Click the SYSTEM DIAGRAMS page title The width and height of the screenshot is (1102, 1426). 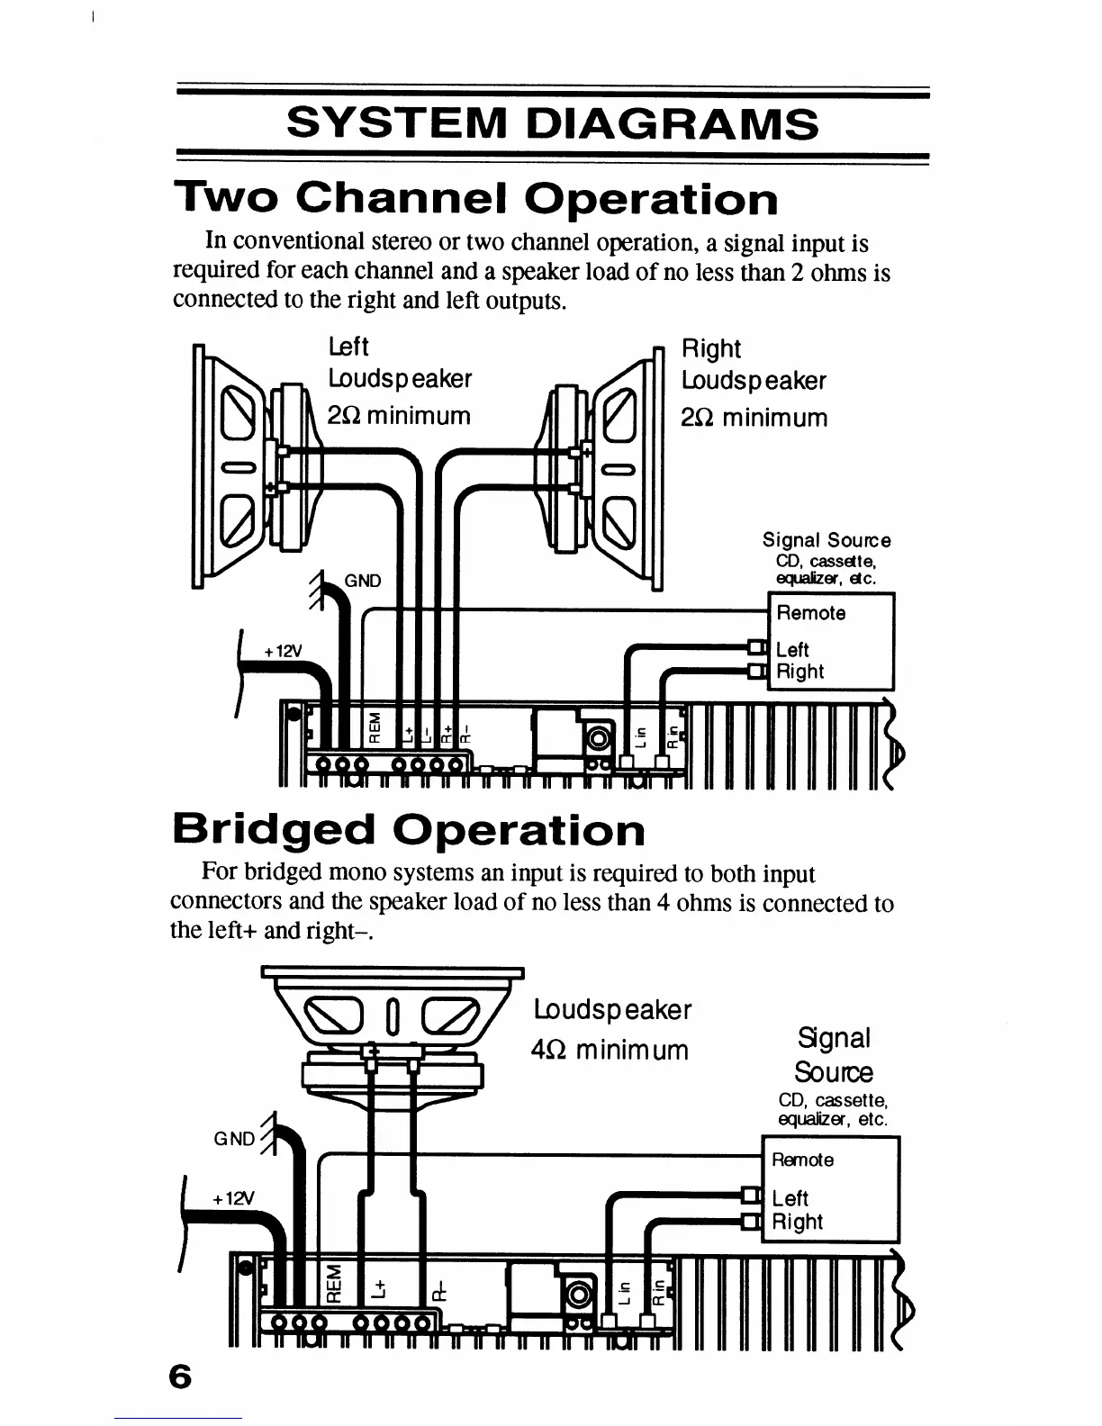tap(552, 123)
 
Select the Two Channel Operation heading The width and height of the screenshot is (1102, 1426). tap(476, 199)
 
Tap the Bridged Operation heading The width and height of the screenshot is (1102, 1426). tap(408, 829)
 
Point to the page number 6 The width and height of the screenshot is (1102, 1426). tap(180, 1377)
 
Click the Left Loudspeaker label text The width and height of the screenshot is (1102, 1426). tap(399, 363)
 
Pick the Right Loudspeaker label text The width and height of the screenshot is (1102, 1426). tap(753, 365)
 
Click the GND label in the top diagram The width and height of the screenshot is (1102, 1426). tap(363, 581)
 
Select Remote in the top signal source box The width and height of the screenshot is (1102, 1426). tap(810, 613)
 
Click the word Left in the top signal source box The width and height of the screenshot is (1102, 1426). tap(792, 649)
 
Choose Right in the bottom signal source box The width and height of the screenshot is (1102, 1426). tap(797, 1222)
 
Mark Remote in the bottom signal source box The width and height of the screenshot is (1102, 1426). tap(802, 1160)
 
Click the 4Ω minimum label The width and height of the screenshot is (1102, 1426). tap(610, 1050)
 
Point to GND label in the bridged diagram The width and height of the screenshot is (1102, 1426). tap(234, 1139)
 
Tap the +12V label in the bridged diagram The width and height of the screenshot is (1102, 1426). tap(233, 1199)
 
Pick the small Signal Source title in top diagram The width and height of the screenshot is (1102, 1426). tap(826, 540)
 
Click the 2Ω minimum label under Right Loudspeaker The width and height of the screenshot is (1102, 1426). tap(754, 418)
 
